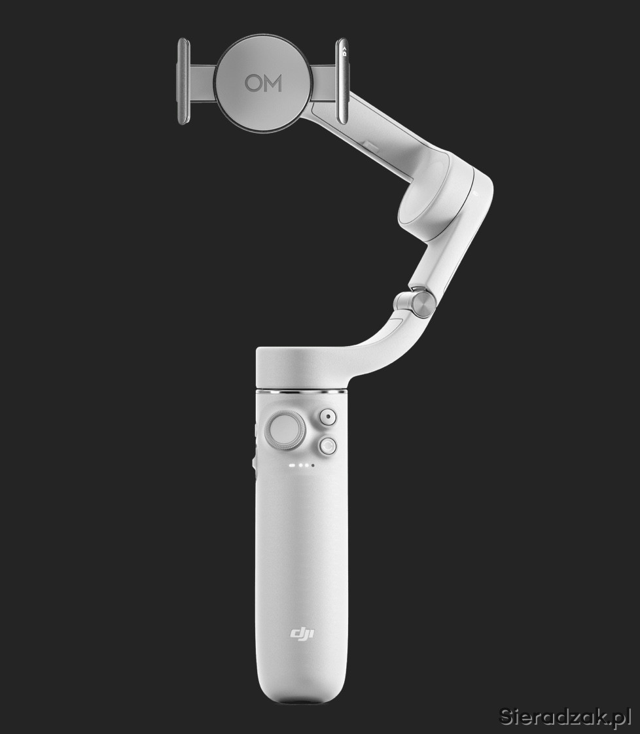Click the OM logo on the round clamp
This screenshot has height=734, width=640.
tap(263, 83)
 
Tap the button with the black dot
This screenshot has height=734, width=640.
tap(329, 417)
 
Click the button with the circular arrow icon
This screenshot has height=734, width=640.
tap(329, 446)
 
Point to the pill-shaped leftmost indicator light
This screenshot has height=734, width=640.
tap(293, 465)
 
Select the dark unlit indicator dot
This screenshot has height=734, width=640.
tap(313, 465)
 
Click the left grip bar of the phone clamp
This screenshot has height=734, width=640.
tap(183, 81)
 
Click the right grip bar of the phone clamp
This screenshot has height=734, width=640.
tap(342, 81)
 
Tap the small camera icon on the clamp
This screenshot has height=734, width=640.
tap(345, 52)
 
